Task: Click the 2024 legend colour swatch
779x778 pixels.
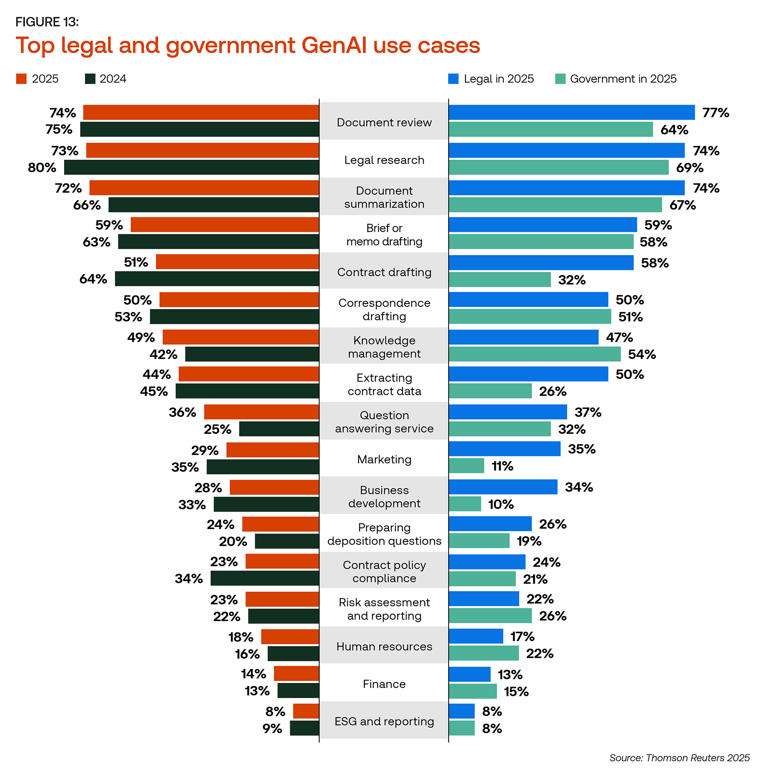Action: pos(90,79)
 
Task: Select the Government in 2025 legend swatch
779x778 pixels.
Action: pos(560,79)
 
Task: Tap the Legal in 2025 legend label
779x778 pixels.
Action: pos(499,79)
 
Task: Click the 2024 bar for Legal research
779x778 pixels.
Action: pos(192,167)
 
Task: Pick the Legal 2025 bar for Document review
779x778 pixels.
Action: pos(572,112)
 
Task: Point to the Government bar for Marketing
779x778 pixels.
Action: pos(467,466)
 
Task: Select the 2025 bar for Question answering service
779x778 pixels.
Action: pos(261,412)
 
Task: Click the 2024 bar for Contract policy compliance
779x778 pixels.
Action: pos(265,578)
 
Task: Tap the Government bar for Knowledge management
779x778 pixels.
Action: pos(535,354)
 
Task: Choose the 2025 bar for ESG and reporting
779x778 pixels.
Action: pos(306,711)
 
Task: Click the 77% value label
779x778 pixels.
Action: pos(716,113)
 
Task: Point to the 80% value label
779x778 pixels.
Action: pos(42,167)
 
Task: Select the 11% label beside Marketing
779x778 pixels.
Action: pos(502,466)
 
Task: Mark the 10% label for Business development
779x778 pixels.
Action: pos(501,504)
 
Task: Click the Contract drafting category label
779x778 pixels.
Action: pos(384,272)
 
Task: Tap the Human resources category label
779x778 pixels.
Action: pos(384,646)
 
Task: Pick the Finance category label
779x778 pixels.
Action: pos(384,684)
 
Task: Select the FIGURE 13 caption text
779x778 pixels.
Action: pos(47,22)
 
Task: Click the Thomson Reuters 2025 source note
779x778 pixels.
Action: pos(679,758)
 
